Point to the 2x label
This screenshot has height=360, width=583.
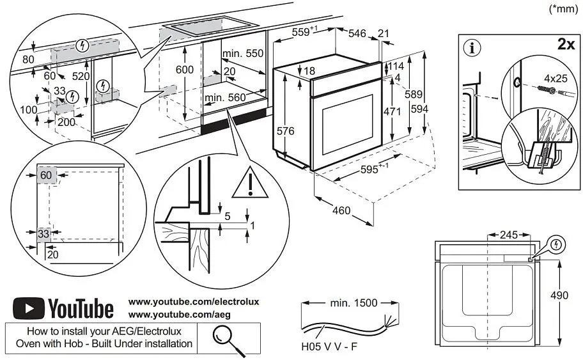[x=566, y=44]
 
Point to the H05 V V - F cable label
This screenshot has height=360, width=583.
[x=329, y=349]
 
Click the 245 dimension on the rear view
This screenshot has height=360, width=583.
[x=508, y=235]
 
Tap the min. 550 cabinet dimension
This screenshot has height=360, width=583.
[x=244, y=54]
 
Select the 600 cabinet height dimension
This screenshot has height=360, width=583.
[x=184, y=69]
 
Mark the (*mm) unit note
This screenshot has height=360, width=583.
[x=563, y=9]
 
